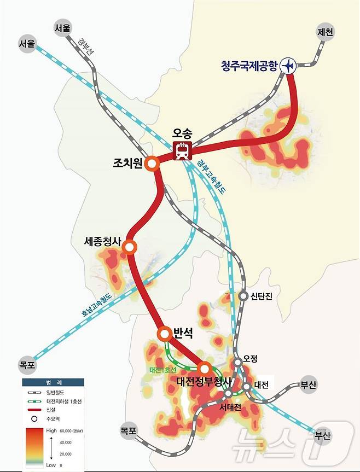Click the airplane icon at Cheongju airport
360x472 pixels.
pos(288,66)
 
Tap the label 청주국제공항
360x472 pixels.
pos(249,66)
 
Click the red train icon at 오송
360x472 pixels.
pos(182,150)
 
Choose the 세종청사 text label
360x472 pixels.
pos(103,241)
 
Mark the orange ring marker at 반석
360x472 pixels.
pos(165,333)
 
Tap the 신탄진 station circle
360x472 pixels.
pos(243,295)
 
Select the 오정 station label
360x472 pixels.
pos(250,359)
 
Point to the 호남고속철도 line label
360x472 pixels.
pos(97,305)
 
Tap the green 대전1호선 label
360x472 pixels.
pos(162,370)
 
